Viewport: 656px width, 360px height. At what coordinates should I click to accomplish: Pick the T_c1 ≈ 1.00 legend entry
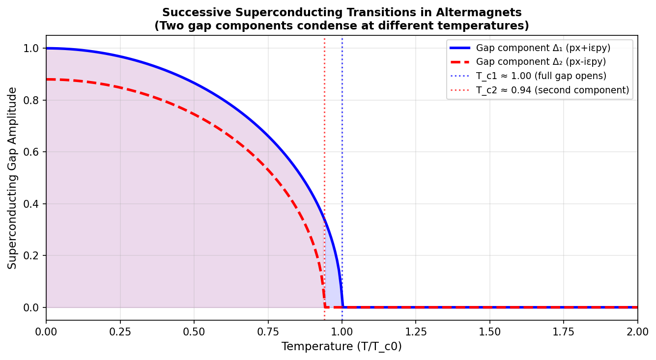[541, 76]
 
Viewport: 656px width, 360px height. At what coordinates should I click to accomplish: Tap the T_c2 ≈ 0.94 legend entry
[552, 90]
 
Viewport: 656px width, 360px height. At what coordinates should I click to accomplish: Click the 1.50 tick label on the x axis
[489, 332]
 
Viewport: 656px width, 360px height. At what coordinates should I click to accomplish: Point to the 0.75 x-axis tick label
[268, 332]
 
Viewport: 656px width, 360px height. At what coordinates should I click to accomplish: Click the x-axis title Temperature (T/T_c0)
[342, 347]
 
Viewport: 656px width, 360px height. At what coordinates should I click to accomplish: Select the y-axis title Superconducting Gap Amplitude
[12, 178]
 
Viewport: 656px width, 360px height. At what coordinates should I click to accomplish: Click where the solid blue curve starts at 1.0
[47, 48]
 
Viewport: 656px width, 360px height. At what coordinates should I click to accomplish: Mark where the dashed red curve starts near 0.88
[47, 79]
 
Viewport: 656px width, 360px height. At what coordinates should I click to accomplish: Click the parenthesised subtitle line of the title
[342, 26]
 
